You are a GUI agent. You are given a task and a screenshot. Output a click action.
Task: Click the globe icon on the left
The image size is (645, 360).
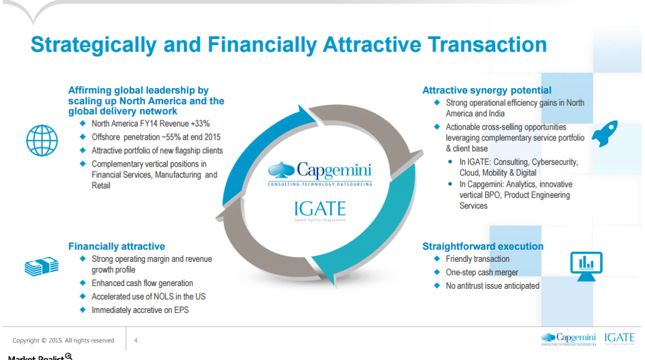(x=42, y=140)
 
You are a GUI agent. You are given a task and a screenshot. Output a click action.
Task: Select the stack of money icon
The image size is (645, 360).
(x=42, y=267)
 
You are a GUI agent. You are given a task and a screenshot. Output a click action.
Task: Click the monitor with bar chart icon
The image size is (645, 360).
(x=586, y=264)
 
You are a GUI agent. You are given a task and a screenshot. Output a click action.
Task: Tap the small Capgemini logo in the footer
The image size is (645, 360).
(x=568, y=338)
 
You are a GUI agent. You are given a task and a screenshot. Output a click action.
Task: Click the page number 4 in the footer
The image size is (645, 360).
(x=136, y=341)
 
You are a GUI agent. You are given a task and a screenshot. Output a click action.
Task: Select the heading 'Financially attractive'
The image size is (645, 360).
(x=116, y=246)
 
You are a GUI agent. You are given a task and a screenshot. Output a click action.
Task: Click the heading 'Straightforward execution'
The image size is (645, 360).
(x=483, y=246)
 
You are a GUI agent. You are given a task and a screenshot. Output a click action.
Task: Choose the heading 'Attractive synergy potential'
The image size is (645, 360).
(x=487, y=90)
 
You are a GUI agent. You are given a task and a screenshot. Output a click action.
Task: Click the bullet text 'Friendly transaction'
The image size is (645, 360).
(x=477, y=259)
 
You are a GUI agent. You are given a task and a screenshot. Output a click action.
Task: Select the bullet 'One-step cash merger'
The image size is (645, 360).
(x=482, y=272)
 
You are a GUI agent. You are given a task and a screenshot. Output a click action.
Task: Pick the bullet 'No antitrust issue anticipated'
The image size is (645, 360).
(x=492, y=285)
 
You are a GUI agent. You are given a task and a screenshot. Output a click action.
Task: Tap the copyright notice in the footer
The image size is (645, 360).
(x=63, y=341)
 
